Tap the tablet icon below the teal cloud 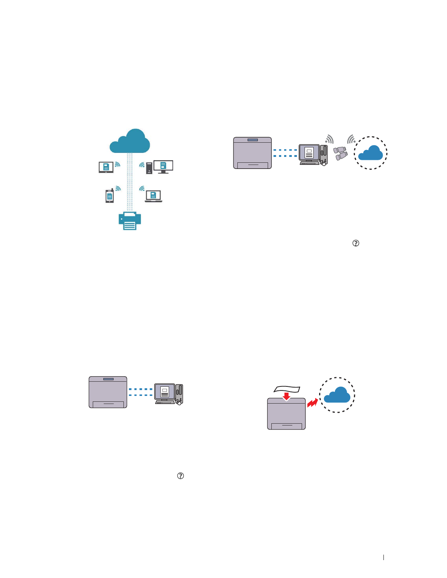(106, 167)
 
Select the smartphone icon (110, 196)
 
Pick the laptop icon (153, 196)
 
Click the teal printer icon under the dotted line (130, 221)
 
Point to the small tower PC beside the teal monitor (149, 168)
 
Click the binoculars (340, 153)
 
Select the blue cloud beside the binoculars (370, 153)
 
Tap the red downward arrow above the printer (287, 396)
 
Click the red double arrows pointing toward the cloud (312, 403)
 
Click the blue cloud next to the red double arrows (337, 395)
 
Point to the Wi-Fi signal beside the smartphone (118, 188)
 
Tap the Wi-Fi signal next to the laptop (142, 188)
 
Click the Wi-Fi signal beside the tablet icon (117, 164)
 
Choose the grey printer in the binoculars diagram (252, 153)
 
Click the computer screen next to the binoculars (309, 153)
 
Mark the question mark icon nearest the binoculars (356, 243)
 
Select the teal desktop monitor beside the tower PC (163, 166)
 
